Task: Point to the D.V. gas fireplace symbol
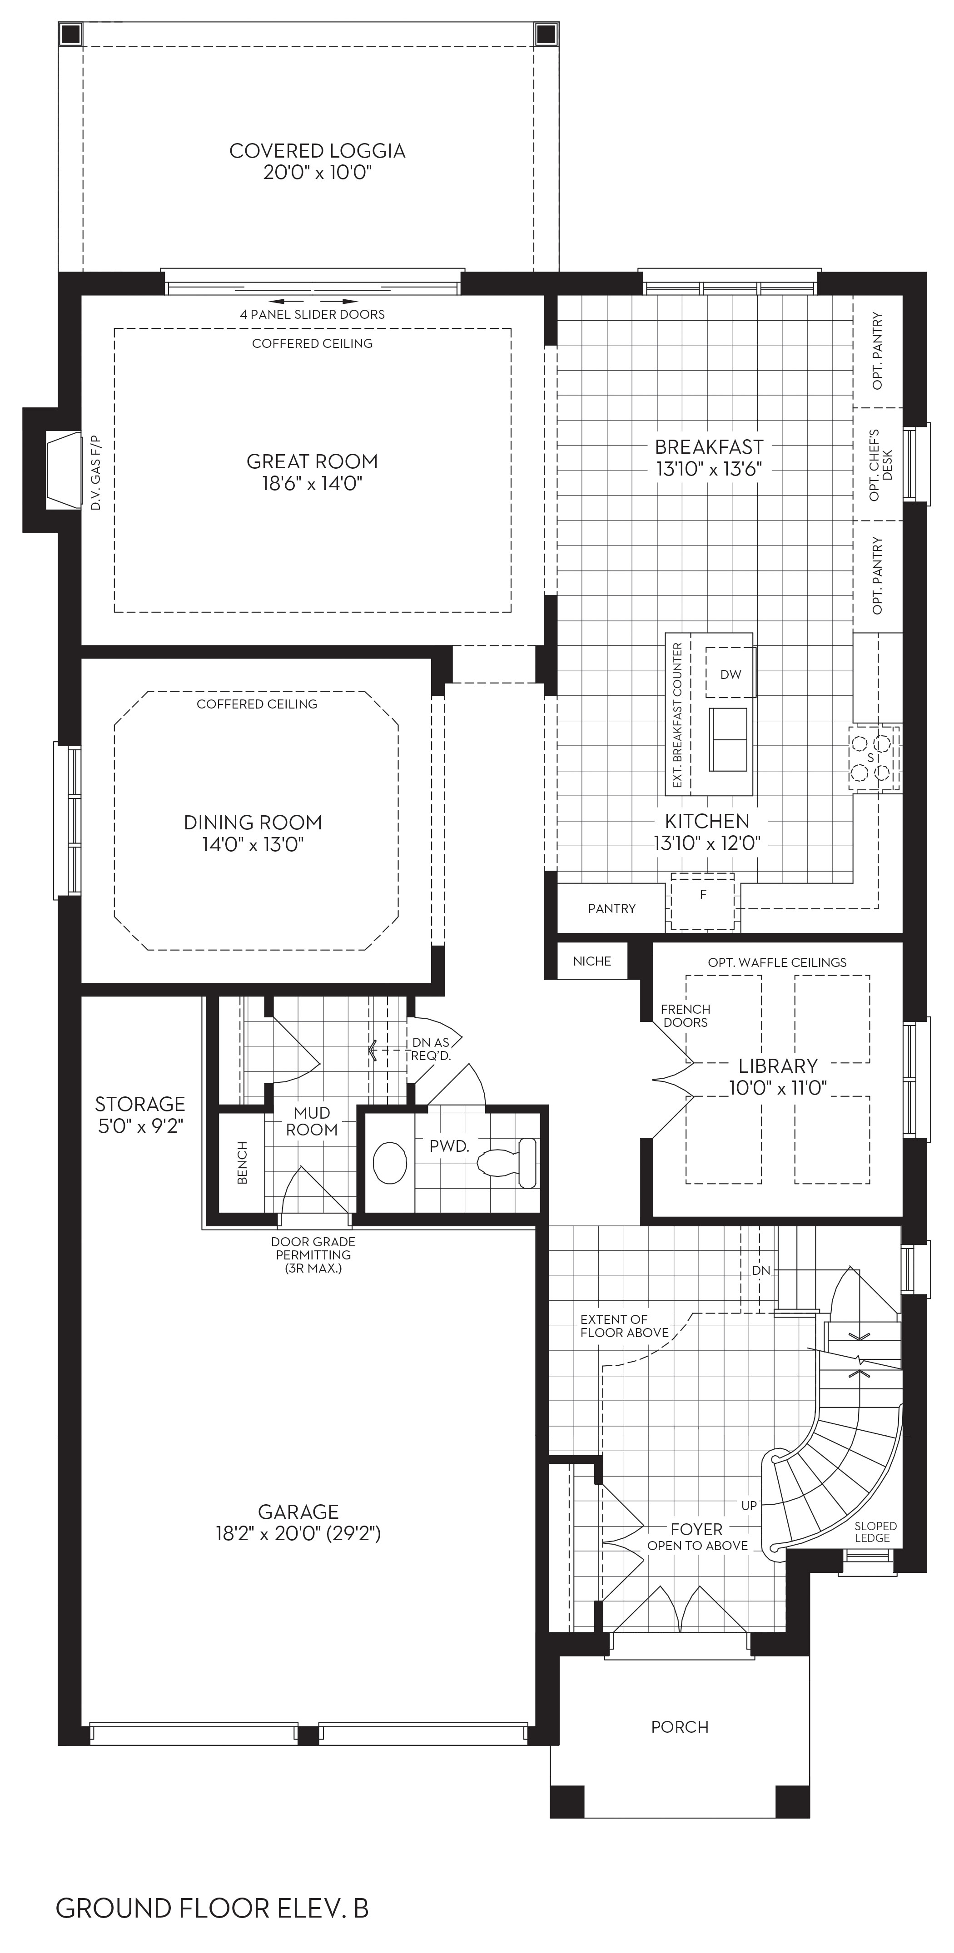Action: point(64,470)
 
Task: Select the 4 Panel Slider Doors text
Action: point(313,314)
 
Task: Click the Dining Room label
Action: point(253,823)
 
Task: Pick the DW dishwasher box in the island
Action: point(731,673)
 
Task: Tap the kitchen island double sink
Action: point(728,739)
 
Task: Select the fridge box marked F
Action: point(703,902)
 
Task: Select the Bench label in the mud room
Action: point(243,1162)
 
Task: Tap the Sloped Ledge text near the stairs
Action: point(875,1532)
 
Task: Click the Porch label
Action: point(680,1727)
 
